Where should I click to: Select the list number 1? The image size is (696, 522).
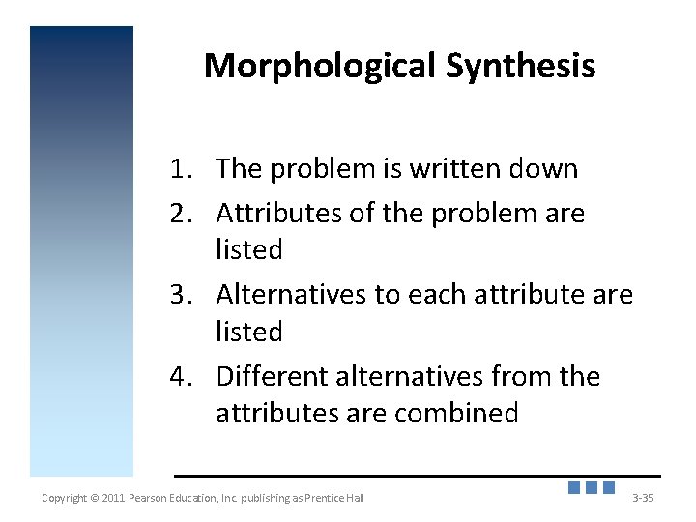click(x=181, y=169)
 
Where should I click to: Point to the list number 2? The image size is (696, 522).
click(x=181, y=213)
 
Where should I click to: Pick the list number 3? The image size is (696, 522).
click(x=181, y=294)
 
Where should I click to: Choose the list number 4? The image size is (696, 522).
click(x=181, y=376)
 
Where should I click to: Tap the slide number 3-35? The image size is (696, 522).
click(x=642, y=498)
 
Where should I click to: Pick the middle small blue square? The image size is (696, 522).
click(x=592, y=488)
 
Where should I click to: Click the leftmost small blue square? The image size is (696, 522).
click(x=574, y=488)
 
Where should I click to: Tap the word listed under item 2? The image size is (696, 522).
click(x=248, y=250)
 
